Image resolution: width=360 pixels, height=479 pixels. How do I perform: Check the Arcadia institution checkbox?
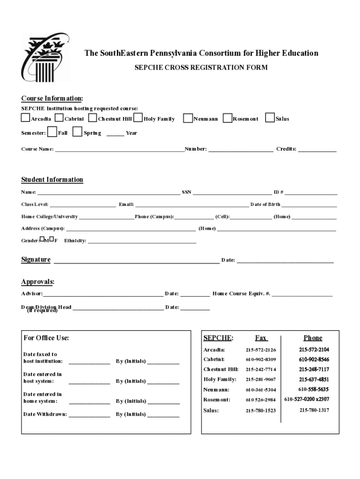click(x=25, y=118)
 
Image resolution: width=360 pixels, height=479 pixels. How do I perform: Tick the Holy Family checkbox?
click(x=138, y=118)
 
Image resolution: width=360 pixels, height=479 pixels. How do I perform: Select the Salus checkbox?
click(x=270, y=118)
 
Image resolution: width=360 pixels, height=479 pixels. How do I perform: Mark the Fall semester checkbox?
click(x=52, y=132)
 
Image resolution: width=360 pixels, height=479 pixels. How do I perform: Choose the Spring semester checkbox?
click(x=78, y=132)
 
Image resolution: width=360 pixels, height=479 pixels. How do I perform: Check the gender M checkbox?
click(x=42, y=239)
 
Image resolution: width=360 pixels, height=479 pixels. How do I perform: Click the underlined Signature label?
click(x=36, y=260)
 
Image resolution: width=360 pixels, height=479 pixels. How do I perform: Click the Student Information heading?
click(x=52, y=180)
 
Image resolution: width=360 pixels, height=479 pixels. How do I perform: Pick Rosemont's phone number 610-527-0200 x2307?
click(x=306, y=399)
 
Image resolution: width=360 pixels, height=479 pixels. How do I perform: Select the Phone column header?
click(x=313, y=338)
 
